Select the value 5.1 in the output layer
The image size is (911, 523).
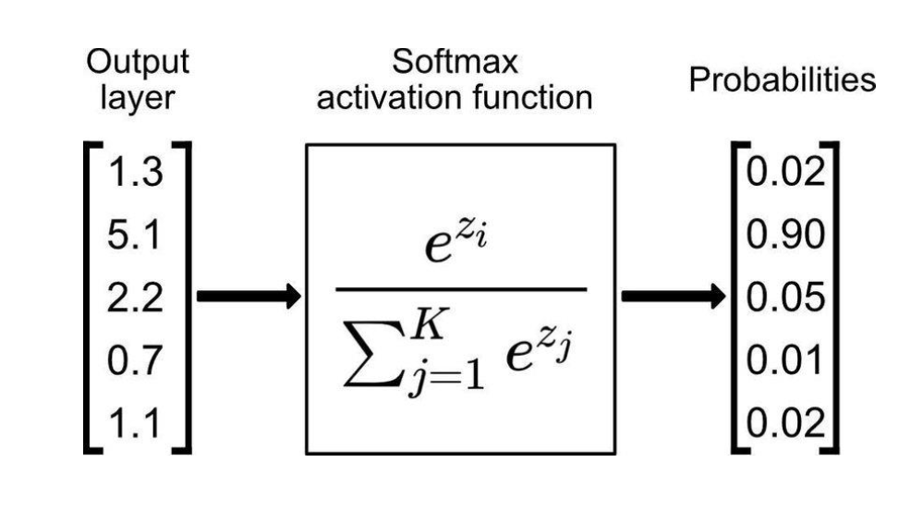136,236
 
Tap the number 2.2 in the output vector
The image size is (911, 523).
136,298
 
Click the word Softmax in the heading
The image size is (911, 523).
455,63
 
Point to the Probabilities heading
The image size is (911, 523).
782,79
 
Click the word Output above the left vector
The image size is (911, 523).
138,63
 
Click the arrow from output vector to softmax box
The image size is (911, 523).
249,297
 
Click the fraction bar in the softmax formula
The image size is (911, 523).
460,289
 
